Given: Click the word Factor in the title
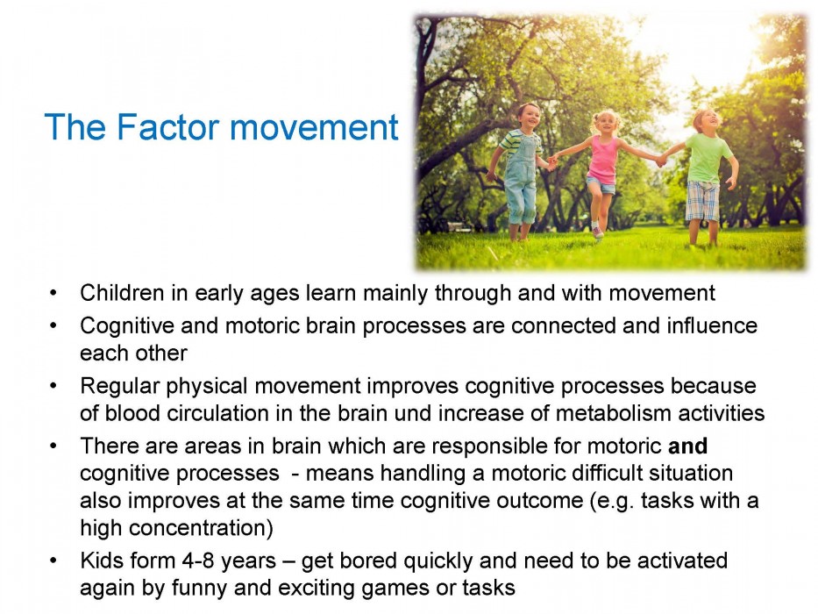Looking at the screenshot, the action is pos(167,127).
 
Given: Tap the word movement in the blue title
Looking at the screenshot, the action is pos(314,128).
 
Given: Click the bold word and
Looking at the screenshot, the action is pos(687,446).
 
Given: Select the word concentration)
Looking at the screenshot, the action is pos(201,527).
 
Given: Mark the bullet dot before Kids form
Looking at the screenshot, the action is pos(53,561).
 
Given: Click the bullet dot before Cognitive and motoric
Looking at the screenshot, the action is pos(53,325).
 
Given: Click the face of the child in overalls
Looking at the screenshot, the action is pos(529,118).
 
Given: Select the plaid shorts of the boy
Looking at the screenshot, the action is pos(702,201).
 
